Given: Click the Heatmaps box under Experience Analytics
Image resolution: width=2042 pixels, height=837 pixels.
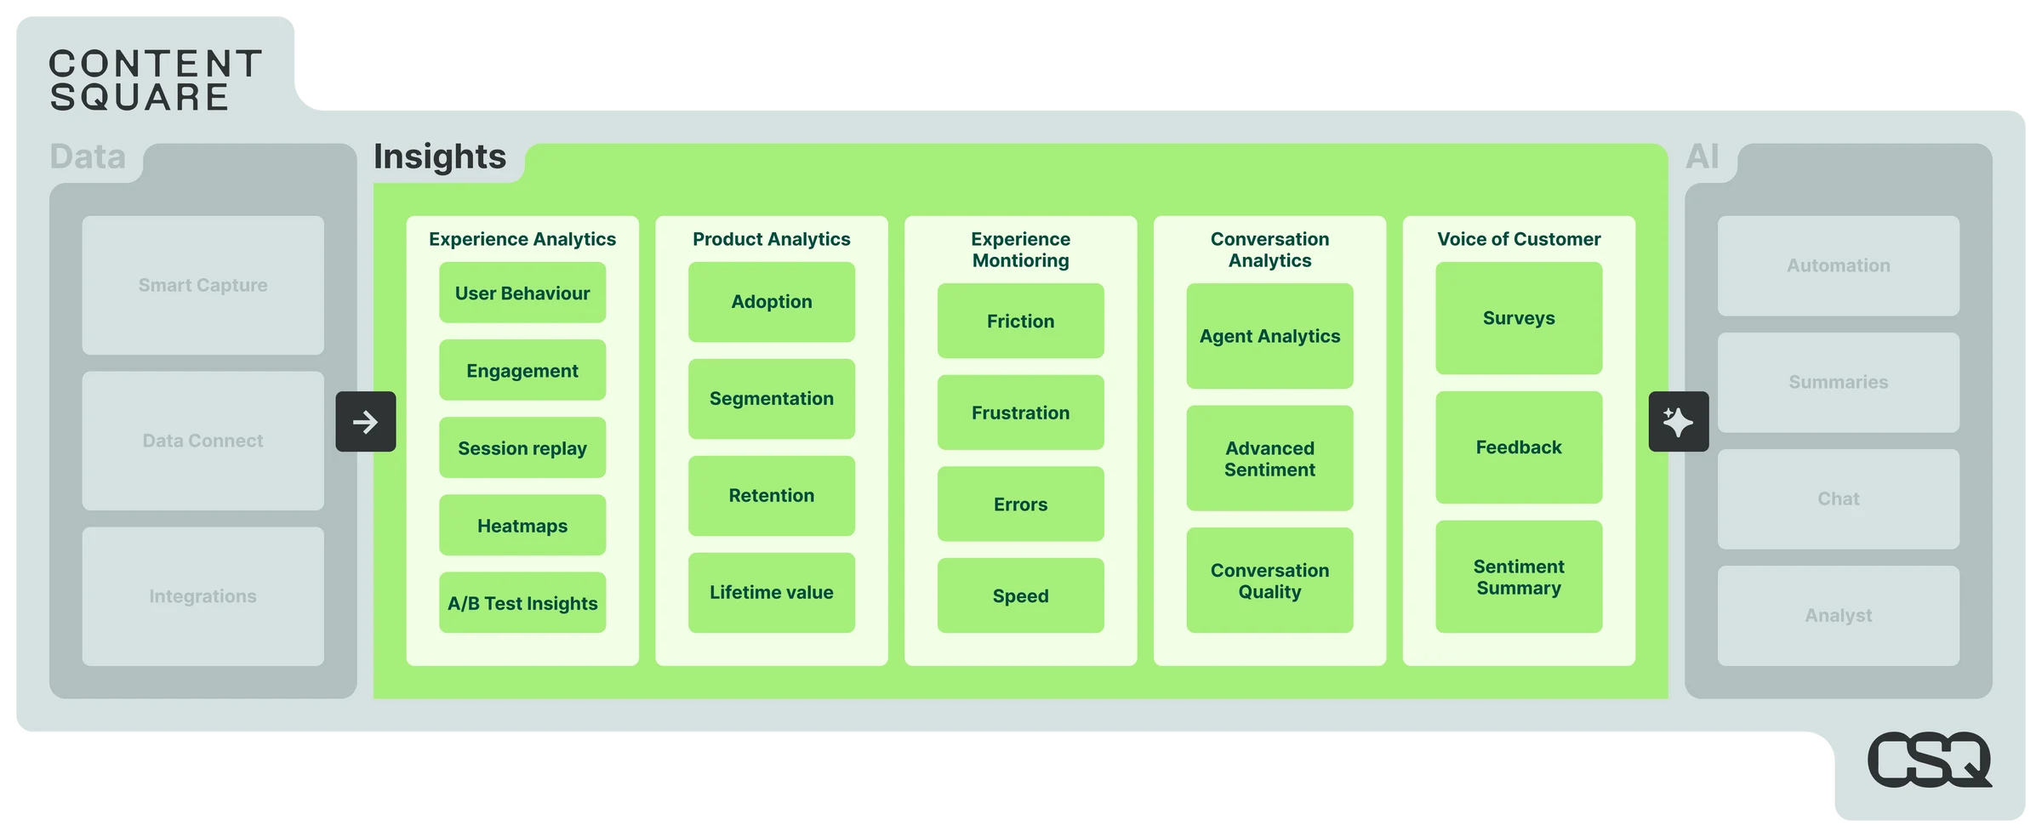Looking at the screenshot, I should tap(522, 526).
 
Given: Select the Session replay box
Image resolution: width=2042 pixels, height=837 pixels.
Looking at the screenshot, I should tap(522, 448).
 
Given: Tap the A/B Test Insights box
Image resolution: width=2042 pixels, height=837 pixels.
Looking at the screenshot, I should tap(522, 603).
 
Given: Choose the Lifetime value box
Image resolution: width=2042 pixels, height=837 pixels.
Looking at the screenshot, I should tap(771, 593).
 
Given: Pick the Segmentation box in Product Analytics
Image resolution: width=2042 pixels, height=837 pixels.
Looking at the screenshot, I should tap(771, 399).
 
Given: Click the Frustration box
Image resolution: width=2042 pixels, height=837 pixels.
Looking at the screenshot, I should tap(1020, 413).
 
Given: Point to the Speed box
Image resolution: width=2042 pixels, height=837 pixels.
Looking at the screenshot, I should tap(1020, 595).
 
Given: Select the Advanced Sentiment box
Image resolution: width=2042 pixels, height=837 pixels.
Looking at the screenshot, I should tap(1269, 458).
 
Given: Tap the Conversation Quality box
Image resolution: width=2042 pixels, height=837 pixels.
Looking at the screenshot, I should tap(1269, 580).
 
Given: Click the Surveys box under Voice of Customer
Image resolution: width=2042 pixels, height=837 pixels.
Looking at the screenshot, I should tap(1519, 318).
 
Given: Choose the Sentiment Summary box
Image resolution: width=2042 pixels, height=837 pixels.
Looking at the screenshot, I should tap(1519, 577).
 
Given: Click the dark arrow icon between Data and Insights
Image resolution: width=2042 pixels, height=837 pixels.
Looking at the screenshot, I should tap(366, 422).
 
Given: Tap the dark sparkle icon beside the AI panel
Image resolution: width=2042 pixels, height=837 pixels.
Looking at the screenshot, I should tap(1678, 422).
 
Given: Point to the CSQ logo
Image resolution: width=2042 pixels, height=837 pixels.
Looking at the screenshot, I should tap(1929, 760).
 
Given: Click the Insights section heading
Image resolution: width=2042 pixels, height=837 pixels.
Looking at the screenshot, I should tap(440, 157).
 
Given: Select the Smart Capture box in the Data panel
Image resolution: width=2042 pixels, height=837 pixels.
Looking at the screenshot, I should tap(202, 285).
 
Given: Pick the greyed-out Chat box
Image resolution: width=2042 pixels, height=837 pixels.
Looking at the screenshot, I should tap(1838, 499).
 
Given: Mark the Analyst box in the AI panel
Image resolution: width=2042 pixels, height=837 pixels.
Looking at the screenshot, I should tap(1838, 616).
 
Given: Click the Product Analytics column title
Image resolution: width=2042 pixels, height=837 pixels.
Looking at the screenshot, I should tap(771, 239).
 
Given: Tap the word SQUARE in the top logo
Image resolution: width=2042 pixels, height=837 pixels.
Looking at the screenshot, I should tap(140, 98).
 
